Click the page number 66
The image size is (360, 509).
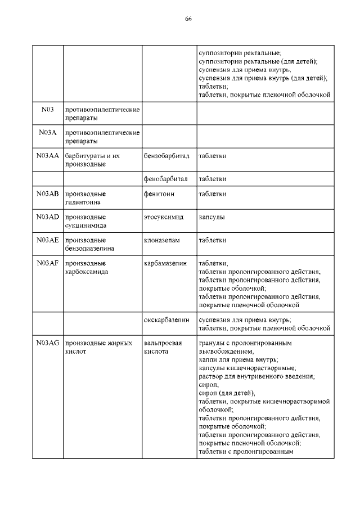[x=188, y=19]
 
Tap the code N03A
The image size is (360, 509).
[x=47, y=132]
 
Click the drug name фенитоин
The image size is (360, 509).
[x=159, y=193]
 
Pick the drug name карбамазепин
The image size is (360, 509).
[x=166, y=263]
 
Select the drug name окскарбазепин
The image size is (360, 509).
[x=167, y=319]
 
